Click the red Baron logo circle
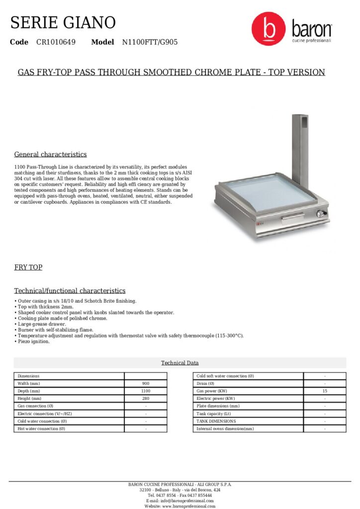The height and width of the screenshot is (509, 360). tap(269, 29)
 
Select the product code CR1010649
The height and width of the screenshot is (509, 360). tap(56, 42)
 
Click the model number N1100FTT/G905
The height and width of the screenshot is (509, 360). tap(150, 42)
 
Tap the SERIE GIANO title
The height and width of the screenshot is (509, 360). tap(63, 22)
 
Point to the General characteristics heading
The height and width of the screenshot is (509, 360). tap(50, 154)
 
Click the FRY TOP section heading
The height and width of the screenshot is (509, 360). tap(28, 267)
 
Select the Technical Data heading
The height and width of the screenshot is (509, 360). tap(180, 363)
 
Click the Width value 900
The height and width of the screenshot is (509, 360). tap(146, 384)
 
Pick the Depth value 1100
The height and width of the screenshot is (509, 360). tap(146, 391)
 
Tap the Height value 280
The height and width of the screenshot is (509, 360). tap(146, 399)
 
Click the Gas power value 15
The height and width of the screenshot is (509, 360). tap(325, 391)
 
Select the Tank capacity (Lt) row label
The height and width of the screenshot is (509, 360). tap(214, 414)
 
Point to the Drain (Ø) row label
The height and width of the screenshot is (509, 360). tap(205, 384)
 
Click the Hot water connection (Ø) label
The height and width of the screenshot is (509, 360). tap(41, 428)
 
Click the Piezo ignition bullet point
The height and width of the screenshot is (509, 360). tap(33, 341)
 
